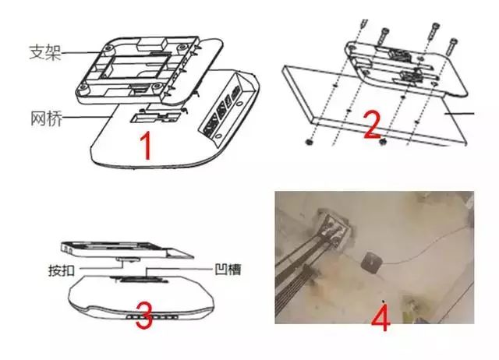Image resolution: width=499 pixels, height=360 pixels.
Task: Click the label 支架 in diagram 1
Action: click(x=45, y=52)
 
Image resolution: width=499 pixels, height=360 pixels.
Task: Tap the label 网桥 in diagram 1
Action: click(x=47, y=118)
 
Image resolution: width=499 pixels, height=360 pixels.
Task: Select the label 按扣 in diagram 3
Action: click(x=62, y=270)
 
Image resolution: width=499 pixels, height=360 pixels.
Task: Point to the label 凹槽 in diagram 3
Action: click(x=228, y=270)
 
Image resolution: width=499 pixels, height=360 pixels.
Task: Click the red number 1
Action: click(x=146, y=146)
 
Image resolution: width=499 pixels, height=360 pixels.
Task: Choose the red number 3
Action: click(x=143, y=316)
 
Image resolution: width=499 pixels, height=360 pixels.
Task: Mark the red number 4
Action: click(x=380, y=317)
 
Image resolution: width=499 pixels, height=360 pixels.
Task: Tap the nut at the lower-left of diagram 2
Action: click(x=309, y=142)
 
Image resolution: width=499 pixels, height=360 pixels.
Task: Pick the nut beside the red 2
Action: click(x=383, y=141)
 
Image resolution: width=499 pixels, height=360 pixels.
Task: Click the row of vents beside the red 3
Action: click(x=152, y=317)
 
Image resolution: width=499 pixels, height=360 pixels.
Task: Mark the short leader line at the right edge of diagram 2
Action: click(x=459, y=113)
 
